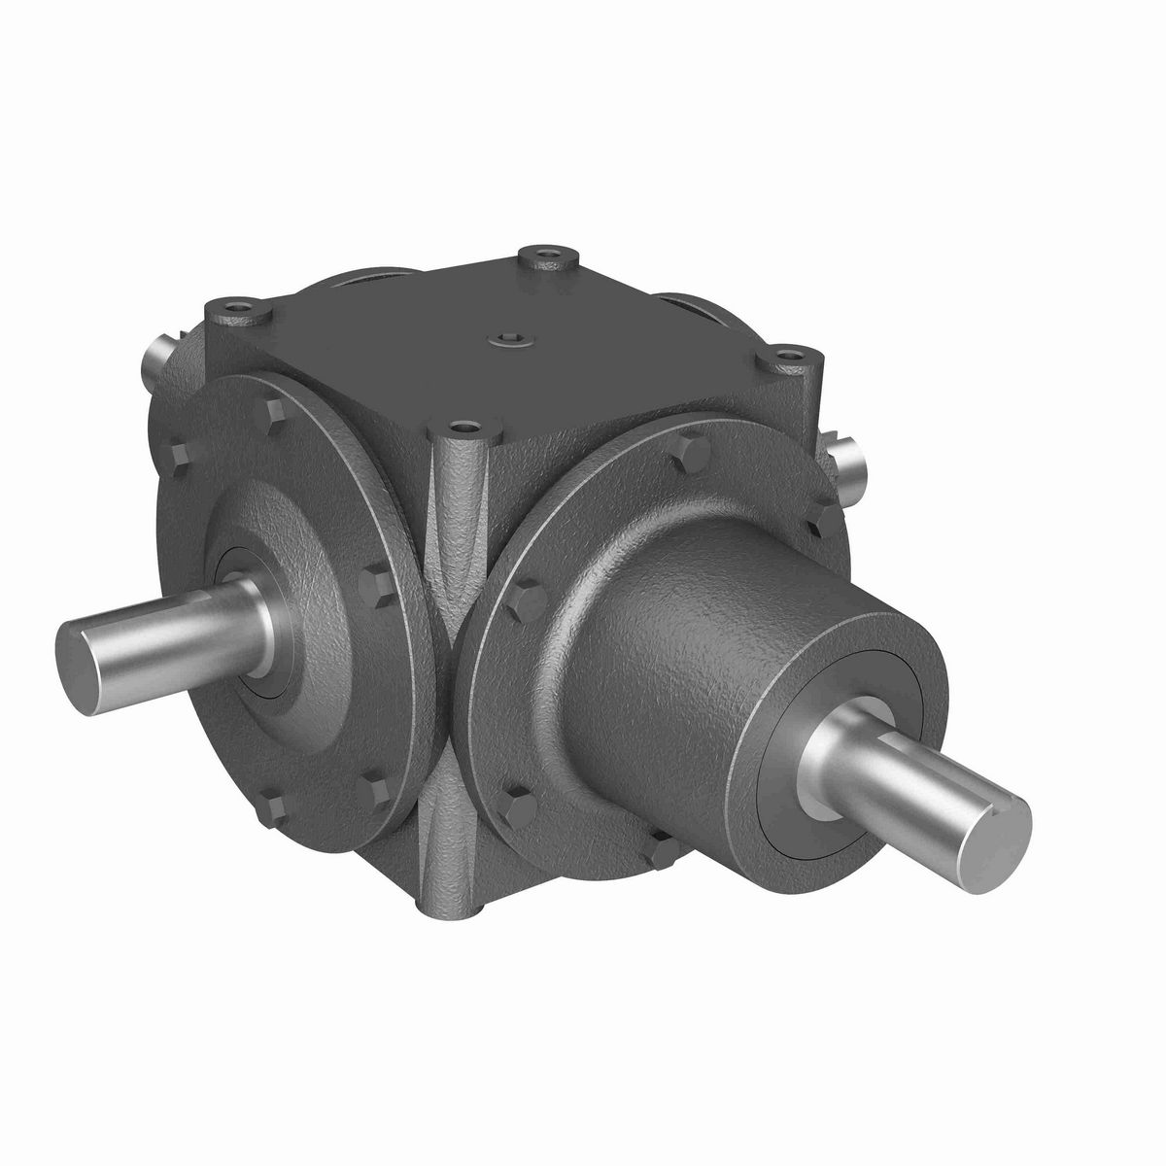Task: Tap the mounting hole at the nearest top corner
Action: (x=465, y=427)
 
